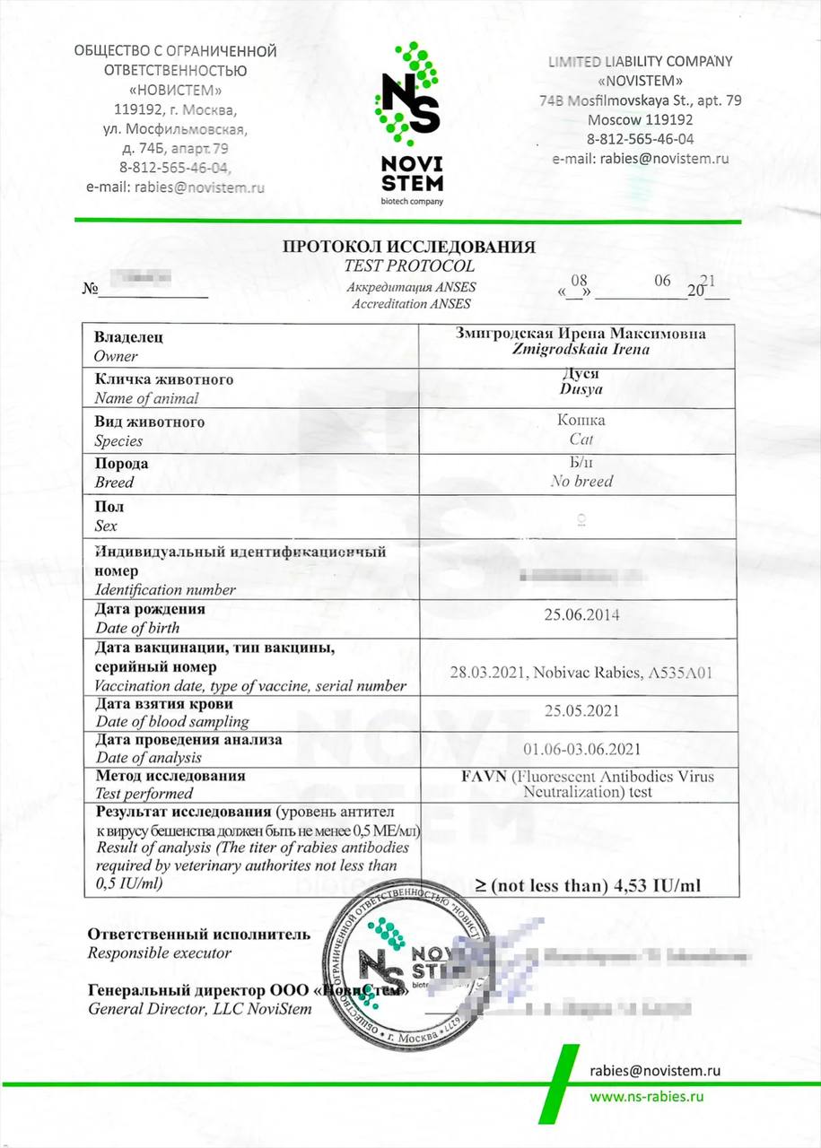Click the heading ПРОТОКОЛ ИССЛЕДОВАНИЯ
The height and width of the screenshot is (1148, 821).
click(x=409, y=247)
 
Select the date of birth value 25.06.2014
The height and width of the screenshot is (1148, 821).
click(x=581, y=615)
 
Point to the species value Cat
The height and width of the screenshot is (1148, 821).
click(x=581, y=439)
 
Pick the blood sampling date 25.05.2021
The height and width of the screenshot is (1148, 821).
click(x=581, y=711)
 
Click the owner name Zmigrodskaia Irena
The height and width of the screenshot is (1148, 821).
click(x=581, y=350)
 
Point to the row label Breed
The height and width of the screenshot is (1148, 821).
click(x=114, y=483)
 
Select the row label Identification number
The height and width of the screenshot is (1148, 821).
click(x=165, y=590)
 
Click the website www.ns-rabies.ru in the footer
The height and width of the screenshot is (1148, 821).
click(x=645, y=1096)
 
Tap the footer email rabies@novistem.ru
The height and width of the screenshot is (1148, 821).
click(x=655, y=1070)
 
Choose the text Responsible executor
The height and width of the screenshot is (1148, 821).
click(x=159, y=953)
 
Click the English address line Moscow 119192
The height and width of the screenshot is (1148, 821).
click(x=640, y=119)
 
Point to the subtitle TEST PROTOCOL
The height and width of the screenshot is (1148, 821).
click(x=409, y=266)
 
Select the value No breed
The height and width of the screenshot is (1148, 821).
click(x=581, y=482)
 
